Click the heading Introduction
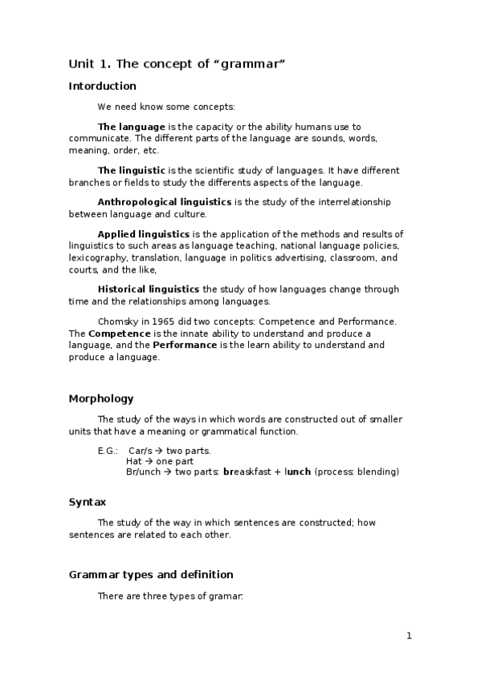(103, 86)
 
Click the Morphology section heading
(101, 399)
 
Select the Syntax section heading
(88, 502)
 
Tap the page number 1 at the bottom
(409, 636)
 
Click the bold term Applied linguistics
(144, 233)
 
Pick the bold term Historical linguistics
(149, 289)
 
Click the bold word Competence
(120, 333)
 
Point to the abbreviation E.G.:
(108, 451)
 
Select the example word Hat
(134, 461)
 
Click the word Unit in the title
(82, 63)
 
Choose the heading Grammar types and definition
(151, 574)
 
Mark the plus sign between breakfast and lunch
(279, 472)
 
